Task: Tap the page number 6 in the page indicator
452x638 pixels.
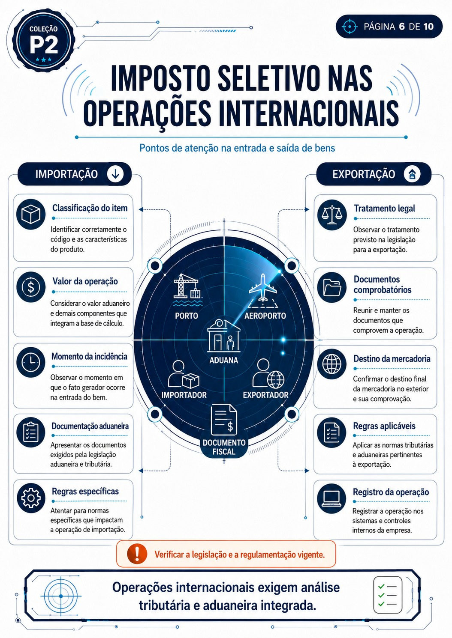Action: (402, 27)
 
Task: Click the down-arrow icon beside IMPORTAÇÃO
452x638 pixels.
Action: (115, 174)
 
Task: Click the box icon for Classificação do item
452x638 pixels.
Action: (31, 214)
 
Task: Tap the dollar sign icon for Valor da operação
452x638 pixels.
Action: (31, 287)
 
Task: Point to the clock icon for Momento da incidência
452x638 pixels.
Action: (31, 363)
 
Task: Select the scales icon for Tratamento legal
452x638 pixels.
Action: (332, 215)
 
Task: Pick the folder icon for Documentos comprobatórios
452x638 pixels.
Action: (332, 287)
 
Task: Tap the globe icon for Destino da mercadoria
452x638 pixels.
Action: (332, 364)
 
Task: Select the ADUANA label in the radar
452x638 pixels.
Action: (223, 361)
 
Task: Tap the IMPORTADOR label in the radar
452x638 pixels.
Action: (184, 395)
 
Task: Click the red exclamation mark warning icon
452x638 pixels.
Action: (137, 554)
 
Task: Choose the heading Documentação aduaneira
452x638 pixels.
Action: (90, 426)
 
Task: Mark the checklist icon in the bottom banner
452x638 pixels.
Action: (388, 595)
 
